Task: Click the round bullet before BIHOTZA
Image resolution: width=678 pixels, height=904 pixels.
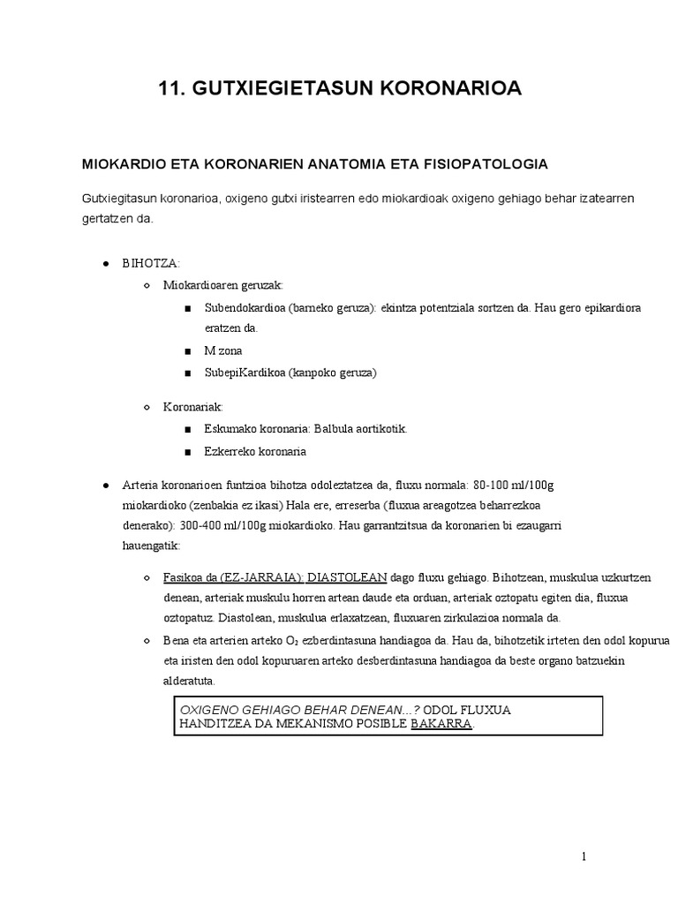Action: (105, 264)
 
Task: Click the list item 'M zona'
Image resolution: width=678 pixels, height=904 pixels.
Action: (223, 350)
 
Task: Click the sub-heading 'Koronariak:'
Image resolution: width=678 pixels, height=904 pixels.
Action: (193, 407)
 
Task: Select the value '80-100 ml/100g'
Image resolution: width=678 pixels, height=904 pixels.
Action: (513, 486)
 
